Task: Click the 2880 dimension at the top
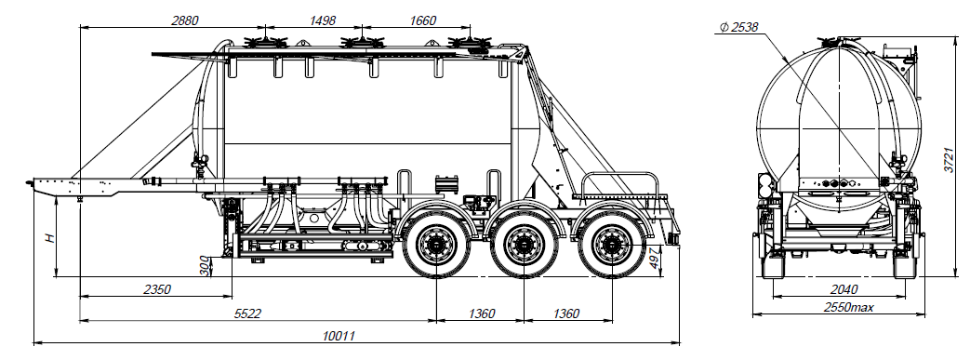(184, 20)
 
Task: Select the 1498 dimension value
(322, 20)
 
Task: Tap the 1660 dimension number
(422, 20)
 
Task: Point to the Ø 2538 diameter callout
(739, 27)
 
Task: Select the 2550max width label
(848, 307)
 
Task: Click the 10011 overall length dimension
(339, 336)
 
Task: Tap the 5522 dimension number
(248, 313)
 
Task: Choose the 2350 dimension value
(157, 289)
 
